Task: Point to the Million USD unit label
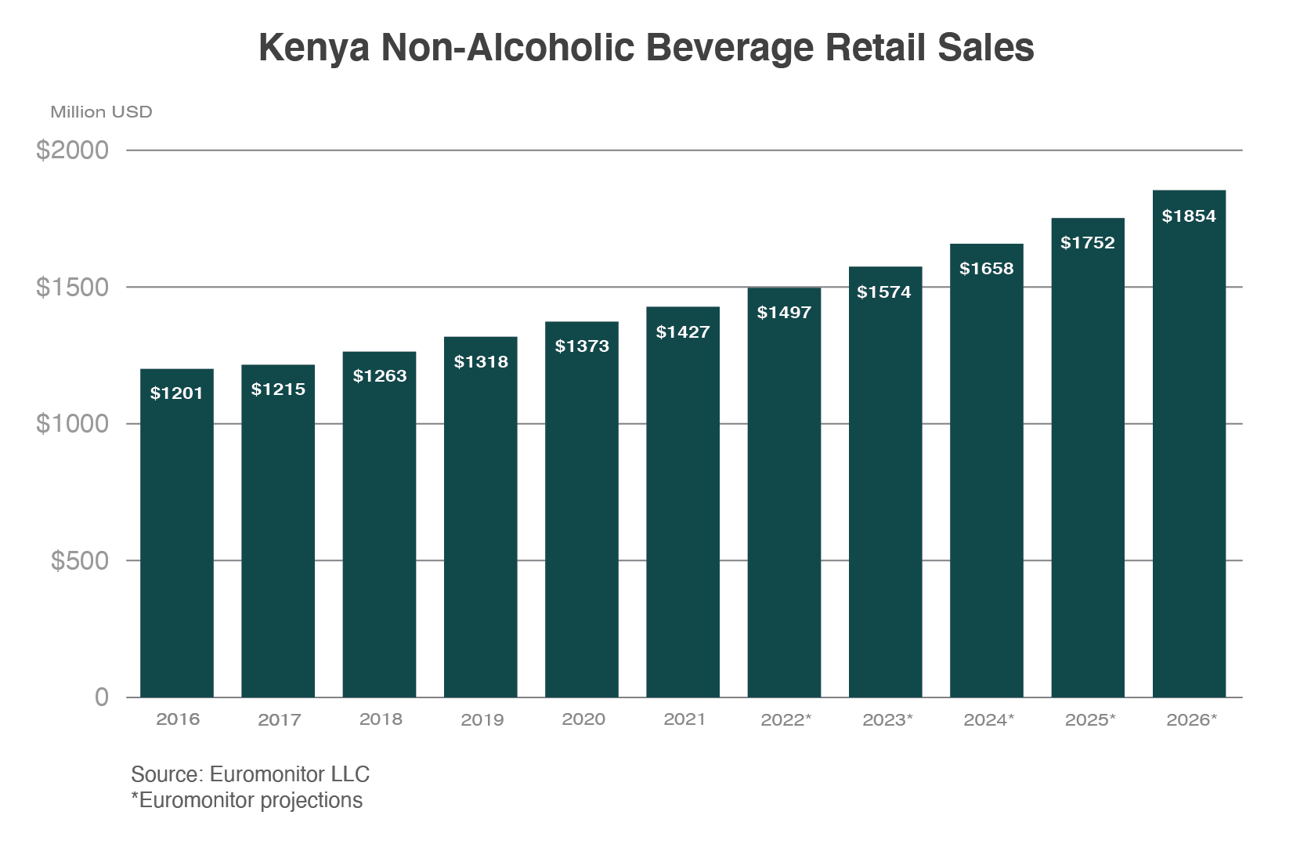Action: [101, 112]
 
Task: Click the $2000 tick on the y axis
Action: [73, 150]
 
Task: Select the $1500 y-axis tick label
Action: [73, 287]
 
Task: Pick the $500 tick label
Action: [80, 560]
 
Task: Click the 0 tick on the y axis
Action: [102, 697]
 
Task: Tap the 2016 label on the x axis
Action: [178, 719]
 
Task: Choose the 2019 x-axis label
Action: [482, 719]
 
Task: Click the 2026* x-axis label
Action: [1191, 719]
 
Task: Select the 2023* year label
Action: [887, 719]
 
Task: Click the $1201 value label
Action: [177, 393]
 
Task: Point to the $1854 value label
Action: [1189, 216]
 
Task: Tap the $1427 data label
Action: [683, 332]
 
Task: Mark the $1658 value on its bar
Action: [987, 269]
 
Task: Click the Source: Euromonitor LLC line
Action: [250, 774]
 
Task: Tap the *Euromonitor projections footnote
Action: [247, 801]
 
